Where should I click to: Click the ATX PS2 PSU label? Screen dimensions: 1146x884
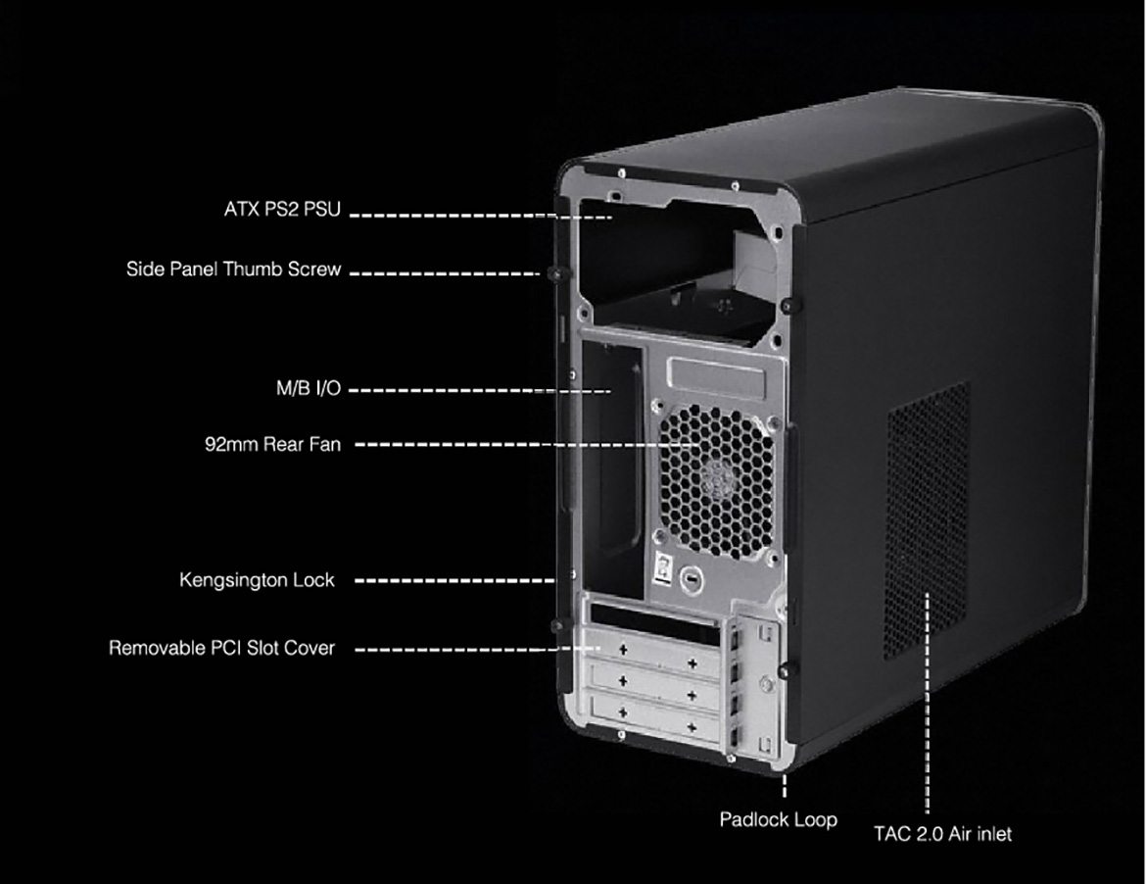pos(282,209)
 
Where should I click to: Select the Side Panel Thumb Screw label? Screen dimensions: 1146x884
pos(233,270)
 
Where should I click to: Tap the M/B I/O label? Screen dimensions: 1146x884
pos(309,388)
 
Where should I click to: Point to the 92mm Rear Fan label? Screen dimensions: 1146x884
pos(272,444)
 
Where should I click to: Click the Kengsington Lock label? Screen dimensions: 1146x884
pos(257,580)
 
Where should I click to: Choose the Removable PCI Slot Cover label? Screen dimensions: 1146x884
pos(221,648)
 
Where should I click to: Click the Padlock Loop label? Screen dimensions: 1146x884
pos(778,819)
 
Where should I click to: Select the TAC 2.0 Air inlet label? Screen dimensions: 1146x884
pos(943,834)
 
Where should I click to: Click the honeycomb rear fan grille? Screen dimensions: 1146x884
pos(716,479)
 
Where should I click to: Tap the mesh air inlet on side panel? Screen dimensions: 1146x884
pos(929,519)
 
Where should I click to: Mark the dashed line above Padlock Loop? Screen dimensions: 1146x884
pos(785,786)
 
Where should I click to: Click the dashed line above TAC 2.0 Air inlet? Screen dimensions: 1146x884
pos(928,703)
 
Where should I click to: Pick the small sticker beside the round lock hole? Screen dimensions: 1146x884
pos(662,568)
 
